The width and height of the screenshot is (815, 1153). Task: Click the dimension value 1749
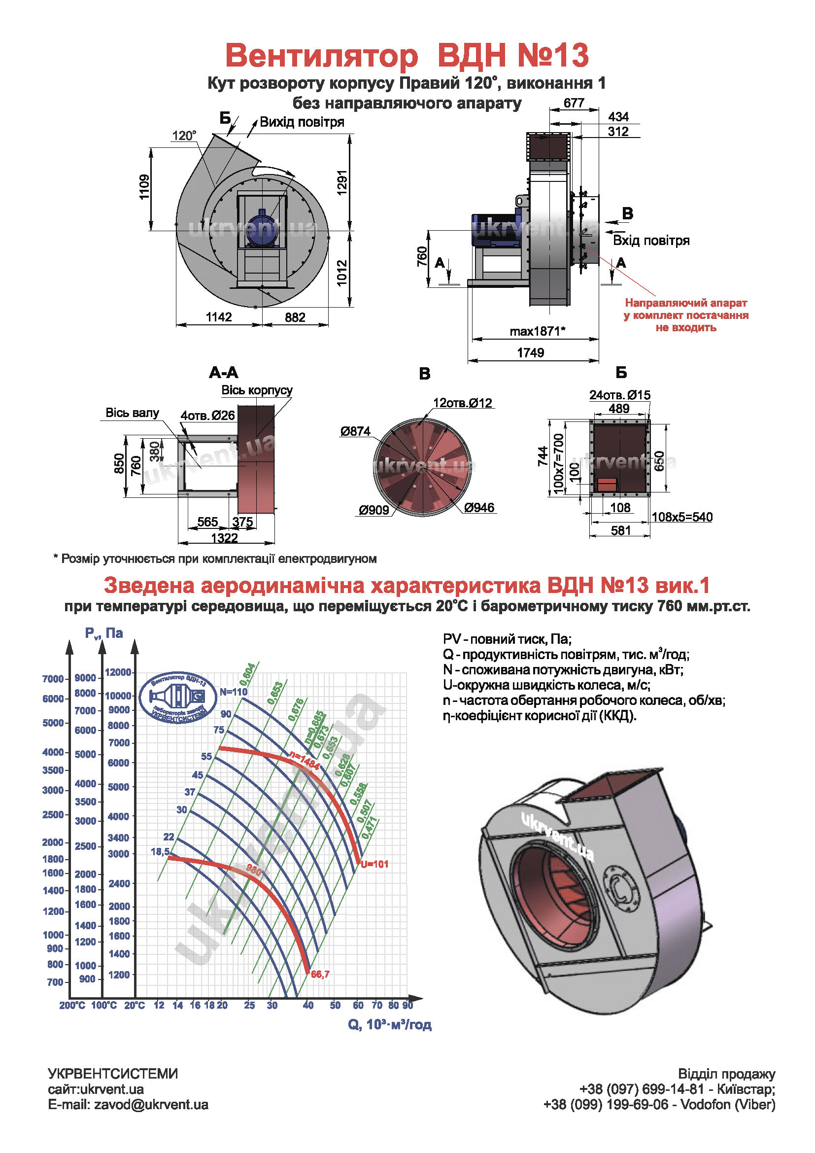tap(531, 352)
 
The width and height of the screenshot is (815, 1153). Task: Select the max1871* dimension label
tap(537, 331)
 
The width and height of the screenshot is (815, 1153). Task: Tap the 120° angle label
tap(184, 136)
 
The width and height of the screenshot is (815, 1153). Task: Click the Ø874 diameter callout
tap(355, 431)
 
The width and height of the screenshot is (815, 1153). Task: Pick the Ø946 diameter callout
tap(479, 508)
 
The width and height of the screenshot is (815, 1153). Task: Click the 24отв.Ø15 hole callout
tap(620, 395)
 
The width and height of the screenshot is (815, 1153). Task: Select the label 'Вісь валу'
tap(132, 413)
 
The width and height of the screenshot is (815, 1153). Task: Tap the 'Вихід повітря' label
tap(302, 122)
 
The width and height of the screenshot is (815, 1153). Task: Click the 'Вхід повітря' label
tap(651, 241)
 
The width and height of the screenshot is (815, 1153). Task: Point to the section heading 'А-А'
tap(223, 372)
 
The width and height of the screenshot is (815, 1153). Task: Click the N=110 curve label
tap(234, 692)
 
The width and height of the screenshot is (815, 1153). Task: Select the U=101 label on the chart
tap(374, 864)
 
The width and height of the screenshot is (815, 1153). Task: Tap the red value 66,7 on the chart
tap(320, 974)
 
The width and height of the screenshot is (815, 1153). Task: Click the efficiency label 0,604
tap(248, 674)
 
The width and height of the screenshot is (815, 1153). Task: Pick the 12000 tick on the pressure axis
tap(118, 672)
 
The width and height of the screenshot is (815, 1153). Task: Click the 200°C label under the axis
tap(72, 1005)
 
